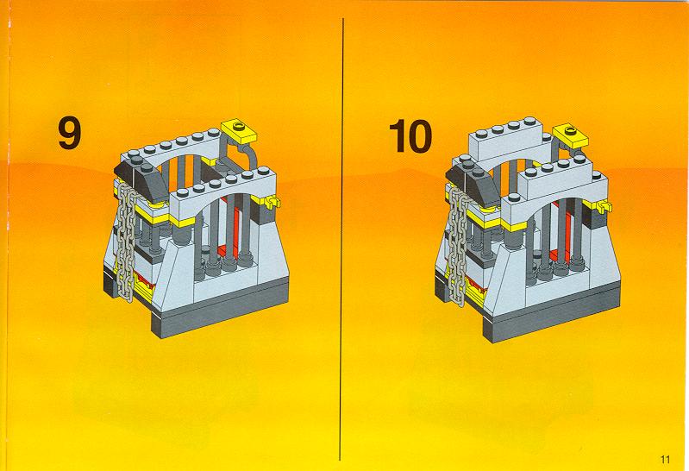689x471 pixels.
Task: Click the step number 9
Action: point(70,133)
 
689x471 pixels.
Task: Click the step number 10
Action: point(410,136)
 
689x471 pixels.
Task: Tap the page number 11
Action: point(665,460)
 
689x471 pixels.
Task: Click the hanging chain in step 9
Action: point(126,241)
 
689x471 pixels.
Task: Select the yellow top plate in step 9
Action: point(239,130)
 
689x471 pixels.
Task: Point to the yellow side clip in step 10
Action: point(604,206)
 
